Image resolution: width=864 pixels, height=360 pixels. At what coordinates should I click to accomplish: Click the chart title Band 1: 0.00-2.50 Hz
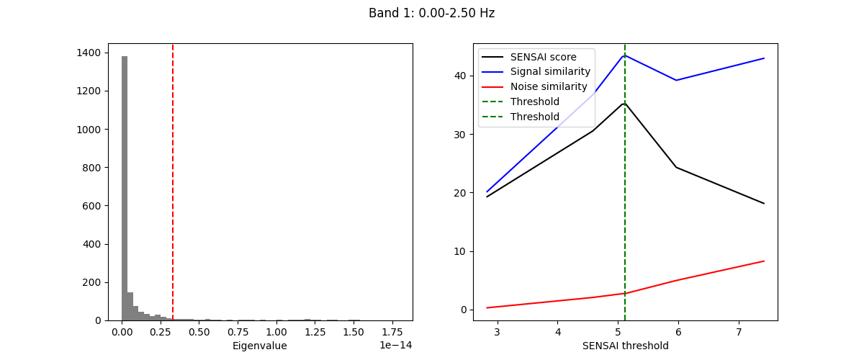pyautogui.click(x=431, y=13)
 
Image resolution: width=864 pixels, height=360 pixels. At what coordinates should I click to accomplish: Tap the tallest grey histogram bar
pyautogui.click(x=125, y=187)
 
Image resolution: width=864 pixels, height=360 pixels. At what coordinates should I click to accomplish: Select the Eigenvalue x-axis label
pyautogui.click(x=259, y=346)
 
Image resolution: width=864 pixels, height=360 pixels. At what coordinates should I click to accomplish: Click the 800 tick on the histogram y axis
pyautogui.click(x=92, y=167)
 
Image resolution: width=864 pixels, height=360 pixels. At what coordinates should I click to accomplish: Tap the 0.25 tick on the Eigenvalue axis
pyautogui.click(x=161, y=332)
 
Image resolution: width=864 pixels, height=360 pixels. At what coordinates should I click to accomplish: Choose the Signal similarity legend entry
pyautogui.click(x=550, y=71)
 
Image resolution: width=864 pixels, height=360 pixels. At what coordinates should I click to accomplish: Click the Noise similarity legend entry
pyautogui.click(x=549, y=86)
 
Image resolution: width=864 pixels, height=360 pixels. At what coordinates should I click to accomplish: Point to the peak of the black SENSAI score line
pyautogui.click(x=624, y=103)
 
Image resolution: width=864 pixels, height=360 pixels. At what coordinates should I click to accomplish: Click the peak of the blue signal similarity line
pyautogui.click(x=624, y=55)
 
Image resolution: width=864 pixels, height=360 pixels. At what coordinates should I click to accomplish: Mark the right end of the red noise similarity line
pyautogui.click(x=764, y=261)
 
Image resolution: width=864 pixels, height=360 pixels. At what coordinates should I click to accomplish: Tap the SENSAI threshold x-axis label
pyautogui.click(x=625, y=346)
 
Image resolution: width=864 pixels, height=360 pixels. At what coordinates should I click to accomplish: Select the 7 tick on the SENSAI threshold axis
pyautogui.click(x=739, y=332)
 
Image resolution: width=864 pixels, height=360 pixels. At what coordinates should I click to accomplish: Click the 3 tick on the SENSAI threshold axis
pyautogui.click(x=497, y=332)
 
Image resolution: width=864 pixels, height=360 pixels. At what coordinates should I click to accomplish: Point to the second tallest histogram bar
pyautogui.click(x=130, y=306)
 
